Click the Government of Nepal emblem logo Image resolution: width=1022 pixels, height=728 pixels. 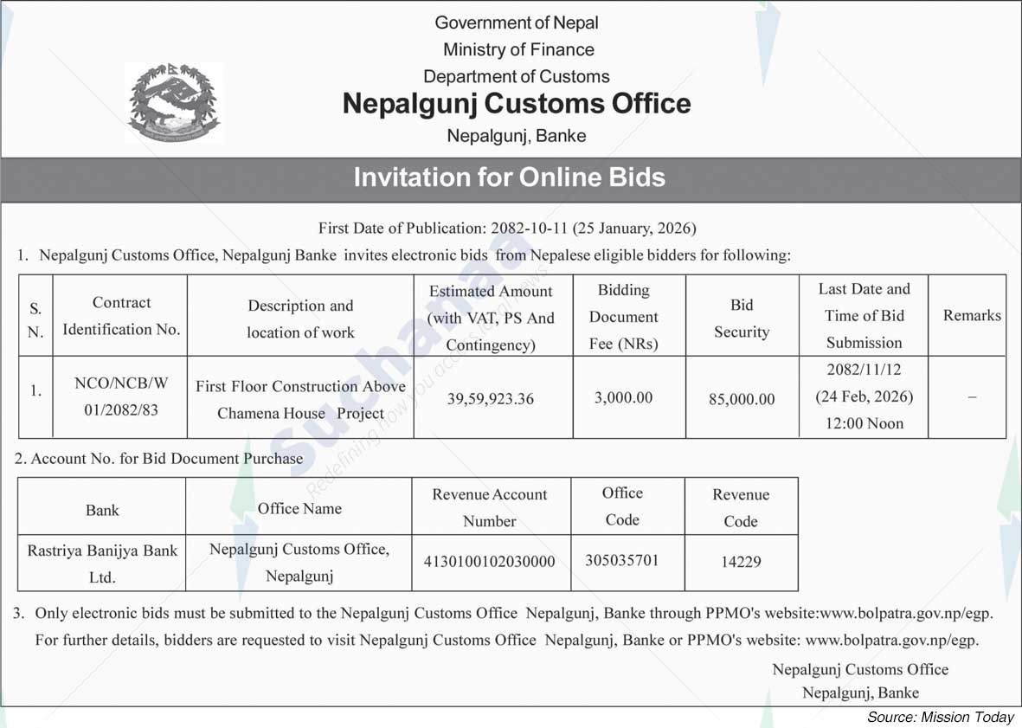point(174,103)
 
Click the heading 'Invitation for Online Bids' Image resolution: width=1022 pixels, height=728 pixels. point(510,177)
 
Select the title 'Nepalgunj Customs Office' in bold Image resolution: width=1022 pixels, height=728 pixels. point(517,104)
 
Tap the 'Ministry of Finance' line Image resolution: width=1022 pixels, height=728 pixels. point(517,49)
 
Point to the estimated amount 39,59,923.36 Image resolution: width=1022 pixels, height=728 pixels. point(491,399)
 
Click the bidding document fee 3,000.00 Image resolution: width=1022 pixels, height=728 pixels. point(623,398)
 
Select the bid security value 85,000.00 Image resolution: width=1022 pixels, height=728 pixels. point(742,399)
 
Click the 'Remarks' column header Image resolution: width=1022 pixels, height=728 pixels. point(972,316)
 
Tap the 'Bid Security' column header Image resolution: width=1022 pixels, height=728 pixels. point(742,318)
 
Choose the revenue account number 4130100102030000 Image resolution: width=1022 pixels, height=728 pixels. point(490,562)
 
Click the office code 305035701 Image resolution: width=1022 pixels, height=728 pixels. point(621,561)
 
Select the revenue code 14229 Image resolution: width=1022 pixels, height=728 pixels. point(741,562)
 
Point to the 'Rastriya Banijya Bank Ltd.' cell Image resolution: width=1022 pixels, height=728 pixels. point(102,564)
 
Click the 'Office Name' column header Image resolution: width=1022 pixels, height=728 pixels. point(299,508)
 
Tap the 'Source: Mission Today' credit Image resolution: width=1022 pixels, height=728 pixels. point(940,717)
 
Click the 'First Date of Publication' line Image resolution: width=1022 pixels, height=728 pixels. point(507,229)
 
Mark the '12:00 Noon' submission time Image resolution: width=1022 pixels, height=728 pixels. point(864,423)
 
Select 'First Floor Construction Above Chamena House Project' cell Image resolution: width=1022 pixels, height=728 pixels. point(300,399)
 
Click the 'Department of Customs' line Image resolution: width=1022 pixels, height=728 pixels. point(516,76)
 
